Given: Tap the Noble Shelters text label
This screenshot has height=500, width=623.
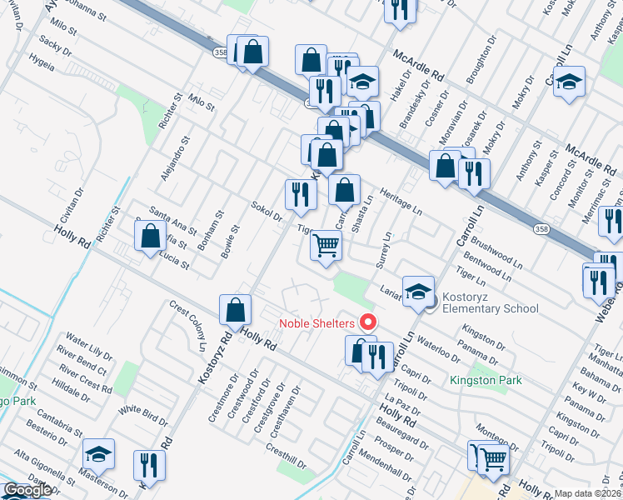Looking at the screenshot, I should coord(316,323).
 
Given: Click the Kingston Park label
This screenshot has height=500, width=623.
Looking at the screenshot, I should coord(486,380).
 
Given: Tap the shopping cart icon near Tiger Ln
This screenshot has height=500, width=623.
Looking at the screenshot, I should coord(326,245).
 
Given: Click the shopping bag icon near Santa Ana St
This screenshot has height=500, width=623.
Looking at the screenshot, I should coord(151,236).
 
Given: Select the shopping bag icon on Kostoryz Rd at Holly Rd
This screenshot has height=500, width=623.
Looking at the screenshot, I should coord(237,309).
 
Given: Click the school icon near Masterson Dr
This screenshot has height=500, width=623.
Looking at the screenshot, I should coord(99,454).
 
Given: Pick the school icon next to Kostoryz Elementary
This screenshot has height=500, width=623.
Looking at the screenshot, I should coord(418,291).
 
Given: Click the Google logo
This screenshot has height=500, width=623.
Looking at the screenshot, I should coord(27,490).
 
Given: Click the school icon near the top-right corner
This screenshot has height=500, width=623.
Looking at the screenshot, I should coord(570,82).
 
